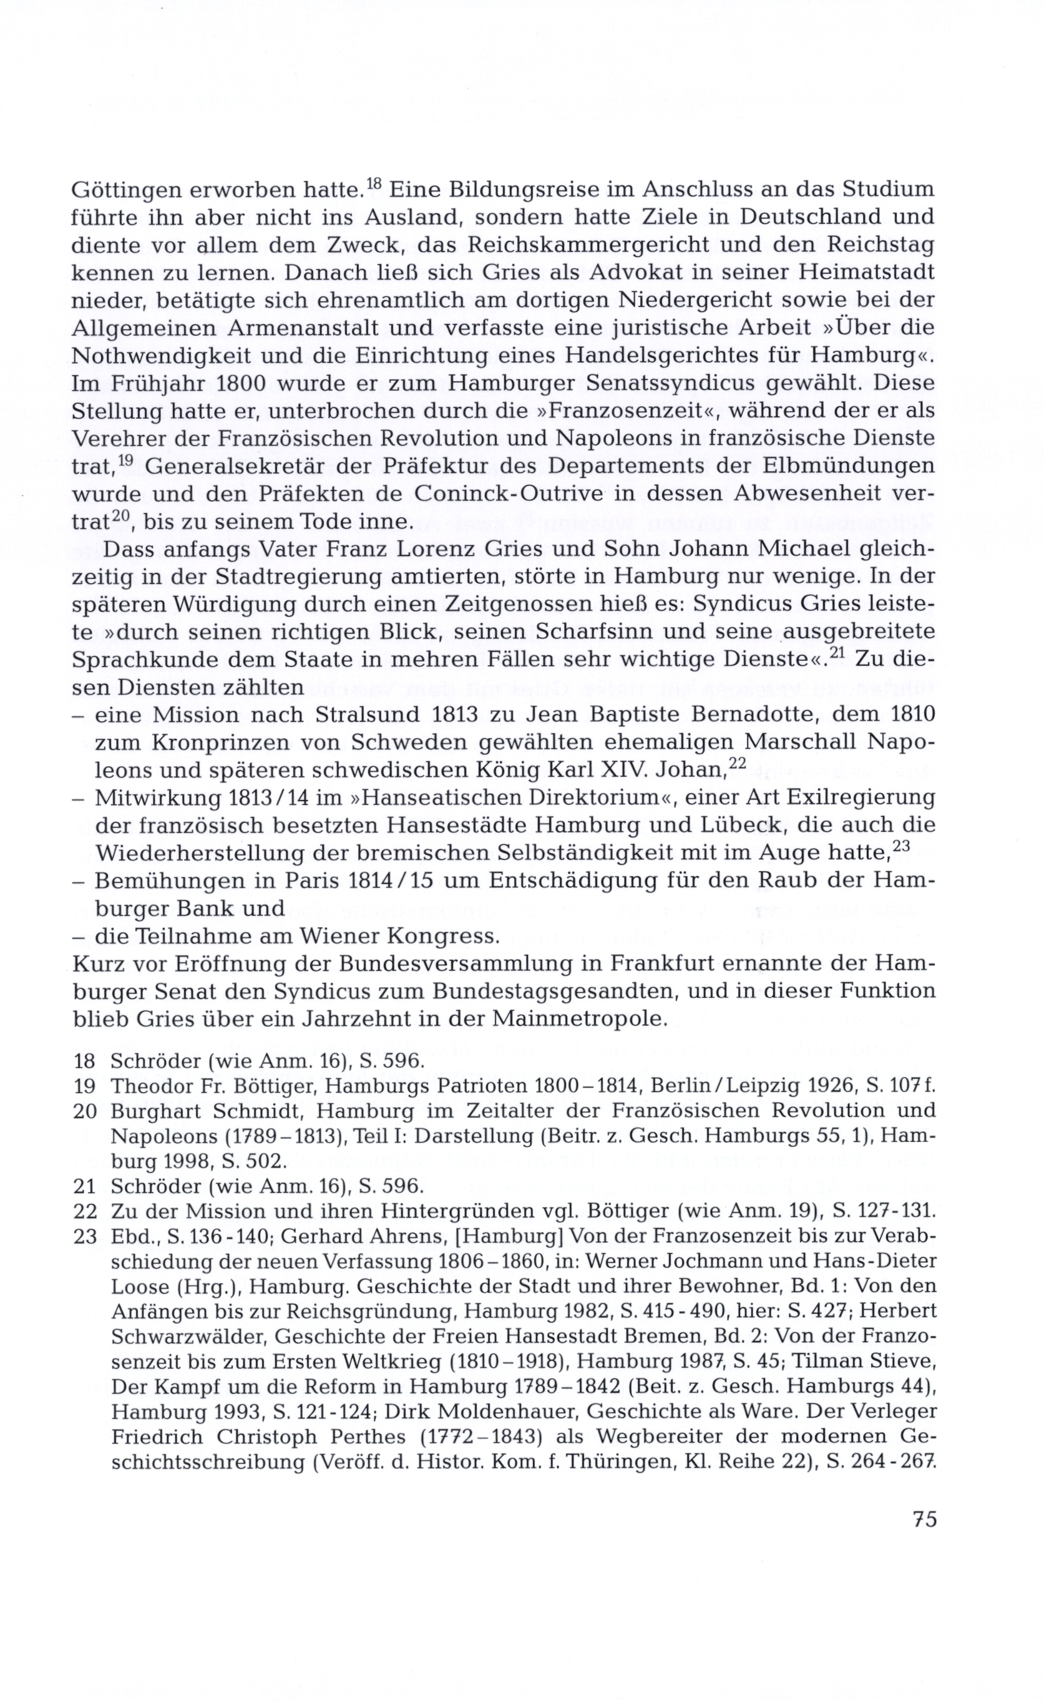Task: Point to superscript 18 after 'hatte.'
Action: point(373,183)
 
